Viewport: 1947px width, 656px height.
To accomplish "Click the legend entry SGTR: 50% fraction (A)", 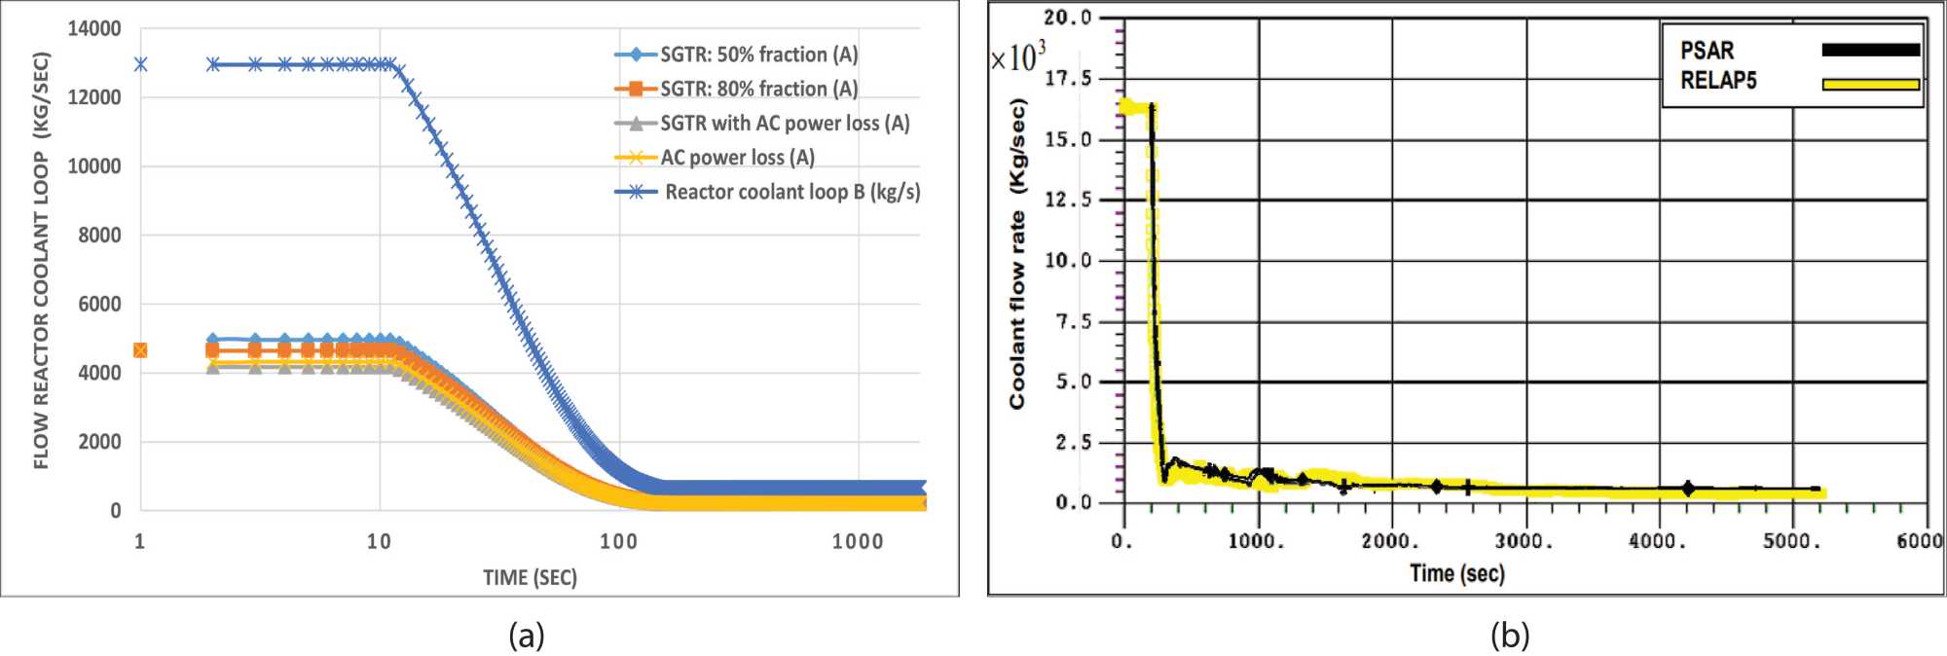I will tap(758, 55).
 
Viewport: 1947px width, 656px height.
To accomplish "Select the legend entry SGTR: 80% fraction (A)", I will tap(758, 89).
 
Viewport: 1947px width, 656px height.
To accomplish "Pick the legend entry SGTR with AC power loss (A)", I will tap(784, 124).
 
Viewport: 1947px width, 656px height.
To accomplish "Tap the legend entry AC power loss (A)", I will tap(737, 158).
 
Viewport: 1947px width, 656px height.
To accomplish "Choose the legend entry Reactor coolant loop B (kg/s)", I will tap(791, 192).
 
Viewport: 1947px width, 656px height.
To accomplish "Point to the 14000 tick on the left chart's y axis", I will tap(94, 29).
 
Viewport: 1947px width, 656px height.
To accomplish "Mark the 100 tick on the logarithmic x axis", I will tap(618, 542).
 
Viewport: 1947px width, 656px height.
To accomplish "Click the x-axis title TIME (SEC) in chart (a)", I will tap(530, 577).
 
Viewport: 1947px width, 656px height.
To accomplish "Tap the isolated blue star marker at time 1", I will tap(140, 64).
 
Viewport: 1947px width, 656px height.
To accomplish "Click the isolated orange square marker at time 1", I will tap(140, 350).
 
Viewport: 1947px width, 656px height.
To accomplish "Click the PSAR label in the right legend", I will tap(1707, 51).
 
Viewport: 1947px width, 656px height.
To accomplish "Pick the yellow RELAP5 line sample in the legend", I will tap(1870, 85).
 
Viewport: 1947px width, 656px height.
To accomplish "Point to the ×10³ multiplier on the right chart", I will tap(1017, 57).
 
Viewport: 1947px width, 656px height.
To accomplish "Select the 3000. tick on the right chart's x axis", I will tap(1525, 542).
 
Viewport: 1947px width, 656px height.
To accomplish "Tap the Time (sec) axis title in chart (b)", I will tap(1456, 573).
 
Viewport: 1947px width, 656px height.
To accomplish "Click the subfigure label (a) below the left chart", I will tap(527, 636).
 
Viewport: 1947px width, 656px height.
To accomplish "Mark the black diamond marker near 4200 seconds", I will tap(1688, 489).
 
